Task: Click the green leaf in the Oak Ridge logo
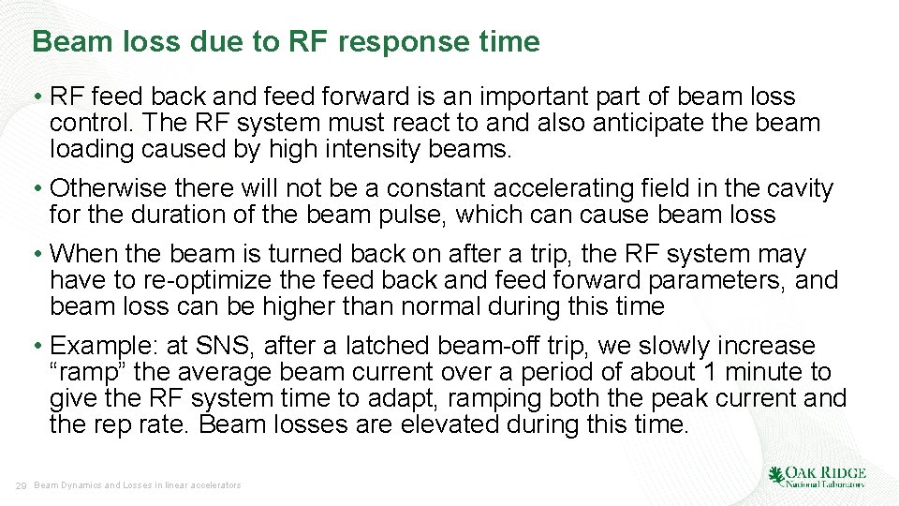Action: tap(776, 476)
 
